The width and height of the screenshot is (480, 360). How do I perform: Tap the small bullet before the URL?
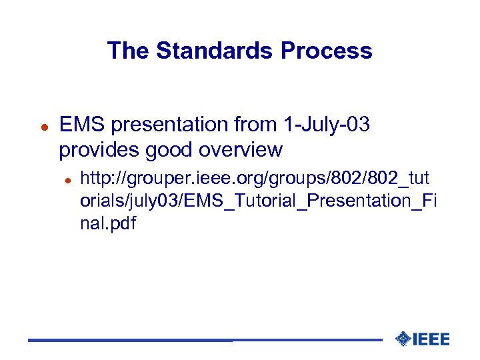pyautogui.click(x=67, y=179)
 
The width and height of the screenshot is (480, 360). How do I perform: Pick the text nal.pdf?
pyautogui.click(x=107, y=223)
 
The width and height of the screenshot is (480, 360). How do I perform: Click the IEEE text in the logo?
pyautogui.click(x=431, y=339)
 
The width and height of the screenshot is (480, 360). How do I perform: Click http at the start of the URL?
pyautogui.click(x=93, y=179)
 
